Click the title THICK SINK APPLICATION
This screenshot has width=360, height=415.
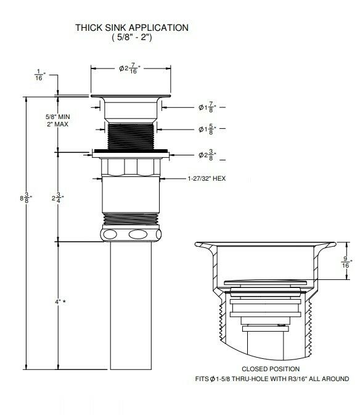pyautogui.click(x=131, y=27)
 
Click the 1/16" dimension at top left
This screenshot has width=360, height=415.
pyautogui.click(x=39, y=75)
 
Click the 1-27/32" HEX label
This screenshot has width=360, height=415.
pyautogui.click(x=208, y=179)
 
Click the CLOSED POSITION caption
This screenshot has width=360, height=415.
pyautogui.click(x=271, y=369)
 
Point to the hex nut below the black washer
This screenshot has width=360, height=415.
pyautogui.click(x=130, y=166)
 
